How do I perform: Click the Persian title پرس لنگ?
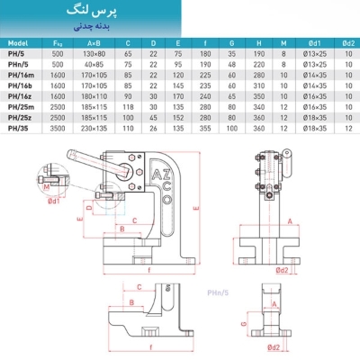179,13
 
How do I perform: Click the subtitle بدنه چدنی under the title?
179,28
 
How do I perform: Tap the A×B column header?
92,42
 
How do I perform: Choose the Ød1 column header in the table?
317,42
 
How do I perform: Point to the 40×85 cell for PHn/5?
92,64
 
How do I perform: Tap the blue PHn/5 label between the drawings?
219,292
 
